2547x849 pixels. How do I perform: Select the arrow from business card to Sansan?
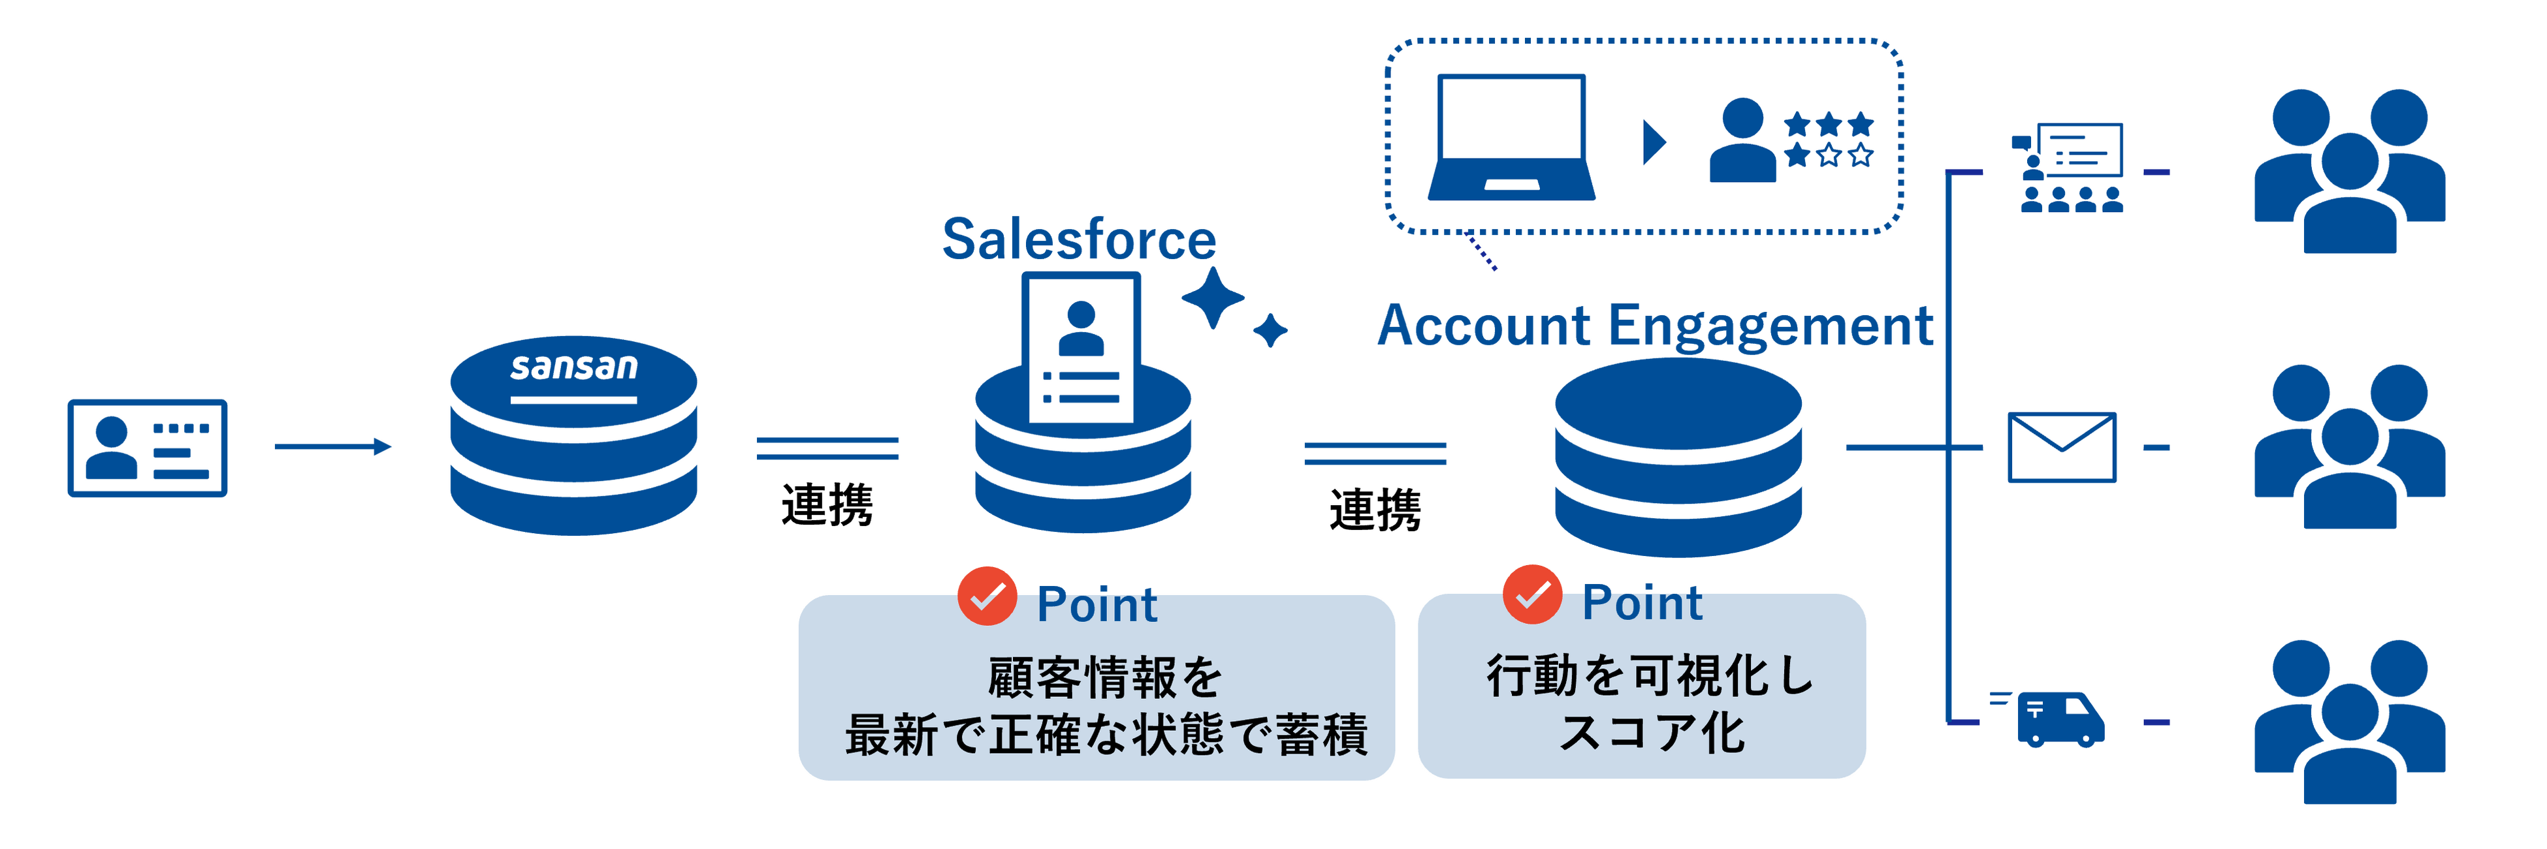point(332,447)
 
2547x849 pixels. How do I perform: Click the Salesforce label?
point(1079,240)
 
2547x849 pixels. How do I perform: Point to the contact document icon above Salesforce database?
point(1081,345)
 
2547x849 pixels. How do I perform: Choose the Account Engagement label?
point(1655,326)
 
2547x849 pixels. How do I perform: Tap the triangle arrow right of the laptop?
point(1653,142)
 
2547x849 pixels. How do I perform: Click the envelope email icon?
point(2062,447)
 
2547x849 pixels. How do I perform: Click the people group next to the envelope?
point(2349,447)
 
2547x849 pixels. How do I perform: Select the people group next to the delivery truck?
point(2349,722)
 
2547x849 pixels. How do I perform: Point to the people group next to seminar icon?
point(2349,171)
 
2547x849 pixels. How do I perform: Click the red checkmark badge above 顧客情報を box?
point(987,596)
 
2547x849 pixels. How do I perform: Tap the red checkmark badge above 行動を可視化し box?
point(1531,595)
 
